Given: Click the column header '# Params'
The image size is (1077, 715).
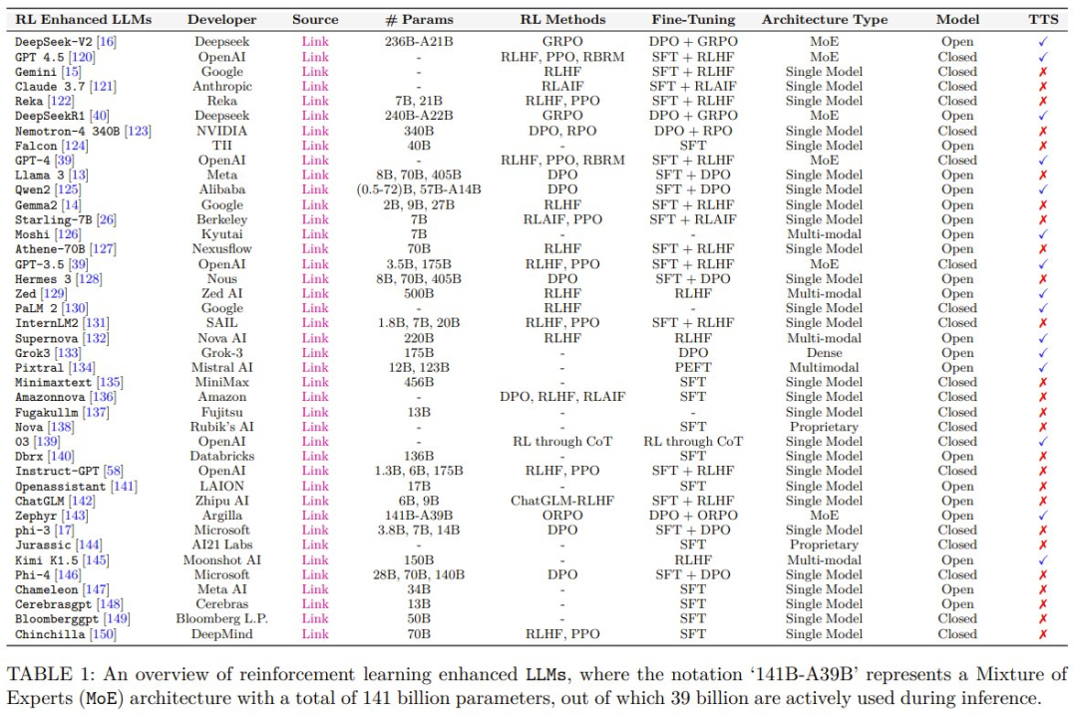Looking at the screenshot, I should coord(418,19).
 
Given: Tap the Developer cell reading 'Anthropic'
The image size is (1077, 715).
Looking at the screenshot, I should coord(222,87).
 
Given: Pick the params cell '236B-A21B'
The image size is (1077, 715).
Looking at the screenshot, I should coord(418,42).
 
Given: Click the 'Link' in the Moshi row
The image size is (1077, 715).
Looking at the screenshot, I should coord(315,234).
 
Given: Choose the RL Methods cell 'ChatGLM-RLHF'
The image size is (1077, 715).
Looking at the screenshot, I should coord(562,501).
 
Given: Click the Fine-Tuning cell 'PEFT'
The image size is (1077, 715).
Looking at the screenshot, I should coord(693,367).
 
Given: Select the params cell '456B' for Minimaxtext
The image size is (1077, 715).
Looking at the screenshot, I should coord(418,382).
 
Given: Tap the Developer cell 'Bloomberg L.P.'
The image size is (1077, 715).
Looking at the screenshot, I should coord(222,619).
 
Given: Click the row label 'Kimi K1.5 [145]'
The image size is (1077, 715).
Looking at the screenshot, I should coord(56,560).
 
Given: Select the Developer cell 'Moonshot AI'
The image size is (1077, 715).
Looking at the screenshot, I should coord(222,560).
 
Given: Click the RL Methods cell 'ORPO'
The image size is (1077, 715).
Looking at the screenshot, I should coord(562,516).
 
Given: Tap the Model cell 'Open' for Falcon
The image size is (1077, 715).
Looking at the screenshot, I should coord(957,146).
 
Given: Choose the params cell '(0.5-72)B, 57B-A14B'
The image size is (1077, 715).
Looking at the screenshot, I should coord(418,189).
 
